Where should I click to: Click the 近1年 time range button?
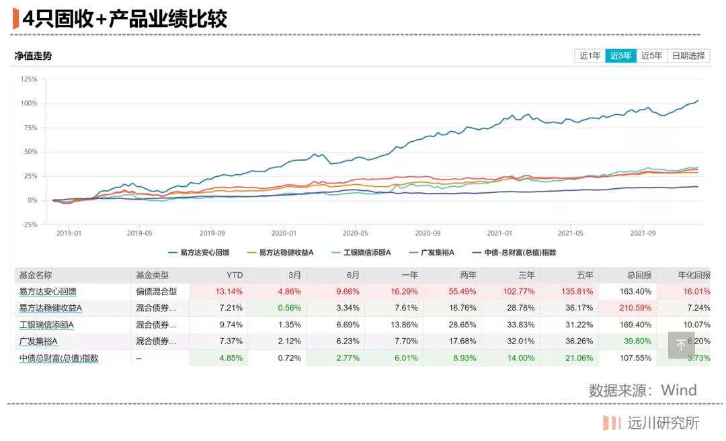pyautogui.click(x=590, y=56)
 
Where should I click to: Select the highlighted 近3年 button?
pyautogui.click(x=620, y=56)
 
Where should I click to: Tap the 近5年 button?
pyautogui.click(x=651, y=56)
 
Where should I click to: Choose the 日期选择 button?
pyautogui.click(x=688, y=56)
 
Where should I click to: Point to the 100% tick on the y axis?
pyautogui.click(x=28, y=104)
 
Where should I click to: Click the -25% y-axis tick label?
pyautogui.click(x=28, y=225)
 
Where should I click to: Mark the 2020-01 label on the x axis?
pyautogui.click(x=284, y=233)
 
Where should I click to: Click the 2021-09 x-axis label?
pyautogui.click(x=642, y=233)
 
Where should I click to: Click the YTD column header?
pyautogui.click(x=235, y=275)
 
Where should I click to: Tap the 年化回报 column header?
pyautogui.click(x=692, y=275)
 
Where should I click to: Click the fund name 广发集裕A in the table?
pyautogui.click(x=38, y=342)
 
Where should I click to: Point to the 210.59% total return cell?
pyautogui.click(x=632, y=308)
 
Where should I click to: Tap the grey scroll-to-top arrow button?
pyautogui.click(x=681, y=345)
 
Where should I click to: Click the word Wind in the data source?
pyautogui.click(x=678, y=390)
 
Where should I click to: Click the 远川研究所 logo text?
pyautogui.click(x=663, y=423)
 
